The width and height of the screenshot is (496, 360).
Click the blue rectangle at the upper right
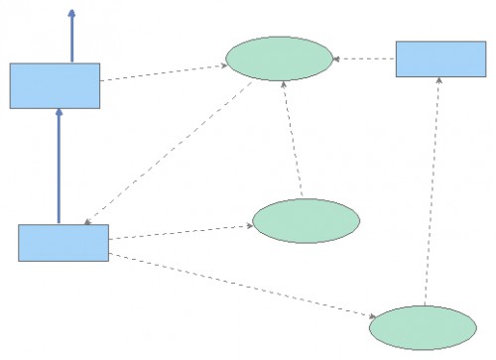(440, 59)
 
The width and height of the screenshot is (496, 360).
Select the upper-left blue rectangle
(55, 85)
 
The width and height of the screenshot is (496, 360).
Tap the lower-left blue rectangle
(63, 243)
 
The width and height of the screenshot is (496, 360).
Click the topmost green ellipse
(279, 59)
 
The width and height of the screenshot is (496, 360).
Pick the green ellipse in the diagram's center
(306, 221)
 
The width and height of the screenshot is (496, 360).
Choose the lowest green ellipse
(423, 327)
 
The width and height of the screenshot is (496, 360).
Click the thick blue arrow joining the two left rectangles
(59, 169)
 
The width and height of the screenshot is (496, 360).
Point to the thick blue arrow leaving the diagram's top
(71, 40)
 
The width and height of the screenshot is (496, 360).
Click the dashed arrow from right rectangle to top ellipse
(364, 59)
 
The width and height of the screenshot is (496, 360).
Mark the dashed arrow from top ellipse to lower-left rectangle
(169, 152)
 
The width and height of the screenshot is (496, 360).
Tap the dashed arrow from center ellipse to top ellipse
(293, 139)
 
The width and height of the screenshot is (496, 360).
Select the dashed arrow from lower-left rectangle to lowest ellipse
(238, 286)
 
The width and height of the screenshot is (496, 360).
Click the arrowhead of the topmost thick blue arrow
(71, 15)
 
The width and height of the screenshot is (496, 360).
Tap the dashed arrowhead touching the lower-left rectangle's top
(87, 221)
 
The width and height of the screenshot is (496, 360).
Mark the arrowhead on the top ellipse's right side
(337, 59)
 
